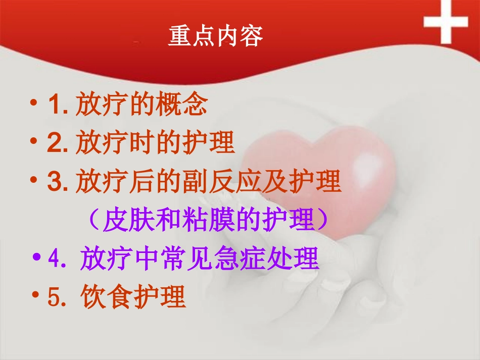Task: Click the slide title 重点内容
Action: click(x=215, y=37)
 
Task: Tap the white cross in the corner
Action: click(x=446, y=22)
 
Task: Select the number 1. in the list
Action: click(x=58, y=106)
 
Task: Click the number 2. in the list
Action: click(x=58, y=143)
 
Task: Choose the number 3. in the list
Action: click(x=58, y=182)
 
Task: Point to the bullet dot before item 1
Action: click(x=34, y=104)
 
